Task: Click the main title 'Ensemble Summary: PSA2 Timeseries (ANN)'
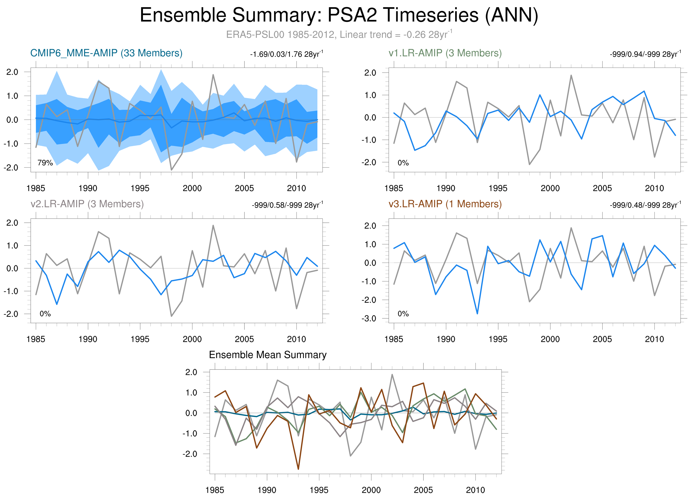tap(339, 15)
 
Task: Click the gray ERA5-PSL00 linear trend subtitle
tap(339, 34)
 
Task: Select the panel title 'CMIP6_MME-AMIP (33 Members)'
tap(106, 53)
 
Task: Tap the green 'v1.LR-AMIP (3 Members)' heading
tap(445, 53)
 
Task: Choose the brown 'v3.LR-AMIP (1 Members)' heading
tap(445, 204)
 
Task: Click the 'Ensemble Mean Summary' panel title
tap(268, 355)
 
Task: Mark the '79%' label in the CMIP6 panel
tap(45, 163)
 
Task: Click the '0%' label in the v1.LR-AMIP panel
tap(403, 163)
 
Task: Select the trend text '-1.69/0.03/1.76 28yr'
tap(286, 54)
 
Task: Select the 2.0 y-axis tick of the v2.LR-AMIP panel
tap(12, 223)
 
